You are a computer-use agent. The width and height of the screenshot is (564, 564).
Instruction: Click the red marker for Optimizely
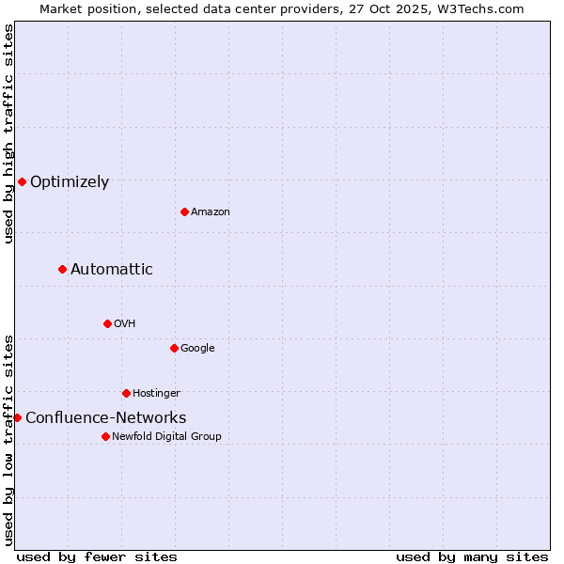[x=22, y=181]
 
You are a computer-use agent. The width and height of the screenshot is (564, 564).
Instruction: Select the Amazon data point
[x=184, y=211]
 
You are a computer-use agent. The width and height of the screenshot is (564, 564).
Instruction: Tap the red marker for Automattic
[x=62, y=270]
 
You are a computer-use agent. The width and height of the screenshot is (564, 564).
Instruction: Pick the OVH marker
[x=107, y=323]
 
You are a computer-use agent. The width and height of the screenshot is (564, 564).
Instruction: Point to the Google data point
[x=174, y=348]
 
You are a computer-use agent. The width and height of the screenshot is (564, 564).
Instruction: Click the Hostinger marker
[x=126, y=393]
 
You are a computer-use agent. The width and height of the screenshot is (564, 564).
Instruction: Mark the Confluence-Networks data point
[x=17, y=417]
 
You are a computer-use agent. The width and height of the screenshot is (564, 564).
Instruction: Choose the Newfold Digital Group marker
[x=105, y=436]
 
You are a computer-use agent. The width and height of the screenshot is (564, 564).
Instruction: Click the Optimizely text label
[x=70, y=182]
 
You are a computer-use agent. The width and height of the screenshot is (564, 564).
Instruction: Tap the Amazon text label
[x=211, y=212]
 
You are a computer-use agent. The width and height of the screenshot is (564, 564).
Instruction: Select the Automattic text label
[x=112, y=270]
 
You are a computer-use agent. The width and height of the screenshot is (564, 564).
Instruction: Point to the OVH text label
[x=125, y=324]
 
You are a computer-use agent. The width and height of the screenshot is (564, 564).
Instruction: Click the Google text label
[x=197, y=349]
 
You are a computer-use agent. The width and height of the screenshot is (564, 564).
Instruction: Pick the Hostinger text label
[x=156, y=394]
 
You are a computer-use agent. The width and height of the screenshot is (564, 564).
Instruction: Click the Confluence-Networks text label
[x=105, y=418]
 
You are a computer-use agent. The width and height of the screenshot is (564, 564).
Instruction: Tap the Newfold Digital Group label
[x=166, y=437]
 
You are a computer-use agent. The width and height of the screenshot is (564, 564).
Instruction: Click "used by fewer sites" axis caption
[x=97, y=556]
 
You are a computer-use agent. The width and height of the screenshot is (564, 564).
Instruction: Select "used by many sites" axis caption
[x=472, y=556]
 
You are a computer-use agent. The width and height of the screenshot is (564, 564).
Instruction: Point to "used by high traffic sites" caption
[x=8, y=133]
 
